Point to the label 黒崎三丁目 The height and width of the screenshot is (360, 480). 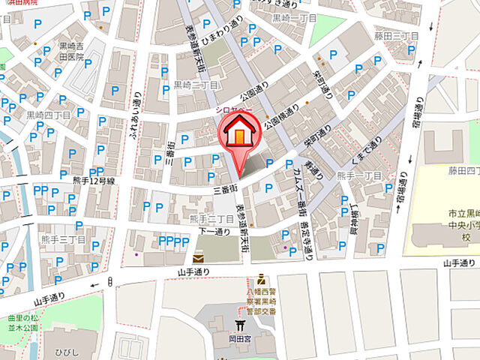click(196, 85)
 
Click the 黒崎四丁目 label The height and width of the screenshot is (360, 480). click(49, 115)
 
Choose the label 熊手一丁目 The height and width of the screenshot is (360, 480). click(360, 175)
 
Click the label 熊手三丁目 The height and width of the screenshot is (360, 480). click(73, 238)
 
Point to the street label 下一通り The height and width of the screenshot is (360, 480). click(214, 232)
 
